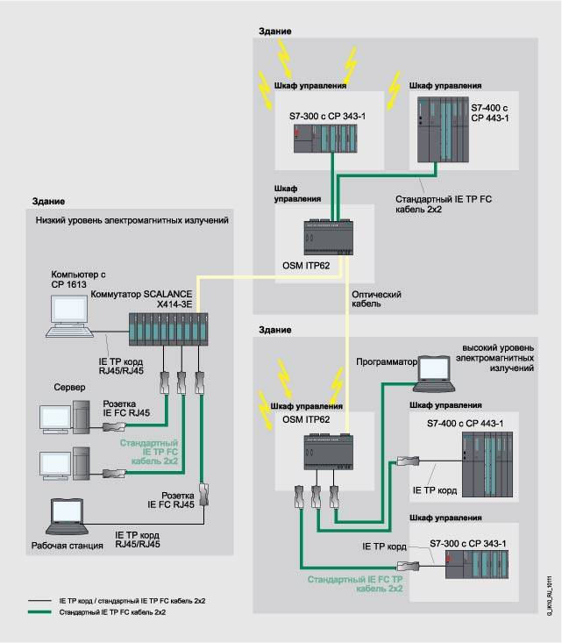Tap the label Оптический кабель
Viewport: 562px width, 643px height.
(376, 301)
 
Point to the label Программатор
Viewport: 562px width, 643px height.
(385, 361)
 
